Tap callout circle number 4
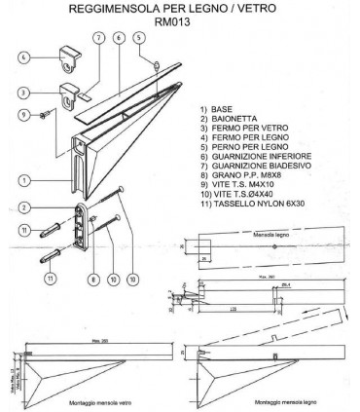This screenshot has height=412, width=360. pyautogui.click(x=24, y=57)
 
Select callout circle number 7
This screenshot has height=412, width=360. pyautogui.click(x=97, y=39)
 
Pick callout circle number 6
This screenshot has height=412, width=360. pyautogui.click(x=118, y=38)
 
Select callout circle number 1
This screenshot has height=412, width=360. pyautogui.click(x=23, y=178)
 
